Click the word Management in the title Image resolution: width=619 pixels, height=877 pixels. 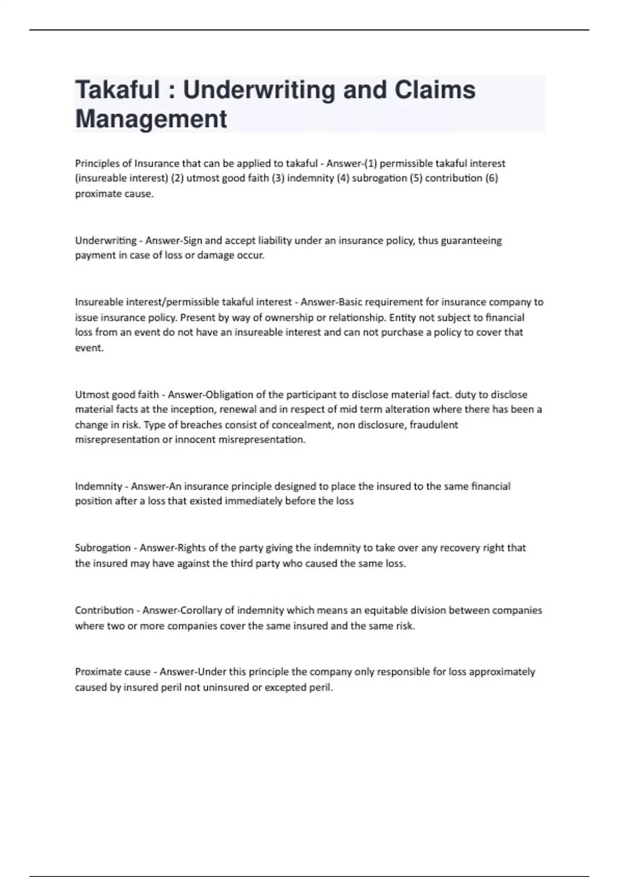point(151,119)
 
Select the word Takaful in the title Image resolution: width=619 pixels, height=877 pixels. point(118,90)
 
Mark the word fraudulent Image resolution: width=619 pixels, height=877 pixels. point(434,425)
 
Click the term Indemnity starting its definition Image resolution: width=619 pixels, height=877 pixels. point(98,486)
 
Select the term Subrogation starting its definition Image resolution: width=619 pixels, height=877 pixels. point(103,548)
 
